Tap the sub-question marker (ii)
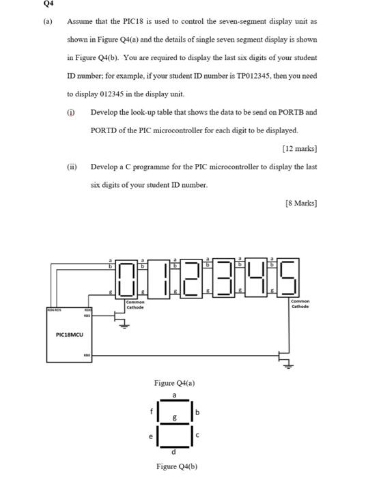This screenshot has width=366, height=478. point(72,166)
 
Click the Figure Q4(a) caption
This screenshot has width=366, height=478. point(175,383)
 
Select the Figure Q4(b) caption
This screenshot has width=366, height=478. point(175,468)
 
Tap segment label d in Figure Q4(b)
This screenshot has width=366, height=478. point(175,452)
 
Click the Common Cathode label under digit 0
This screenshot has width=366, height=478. point(135,305)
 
